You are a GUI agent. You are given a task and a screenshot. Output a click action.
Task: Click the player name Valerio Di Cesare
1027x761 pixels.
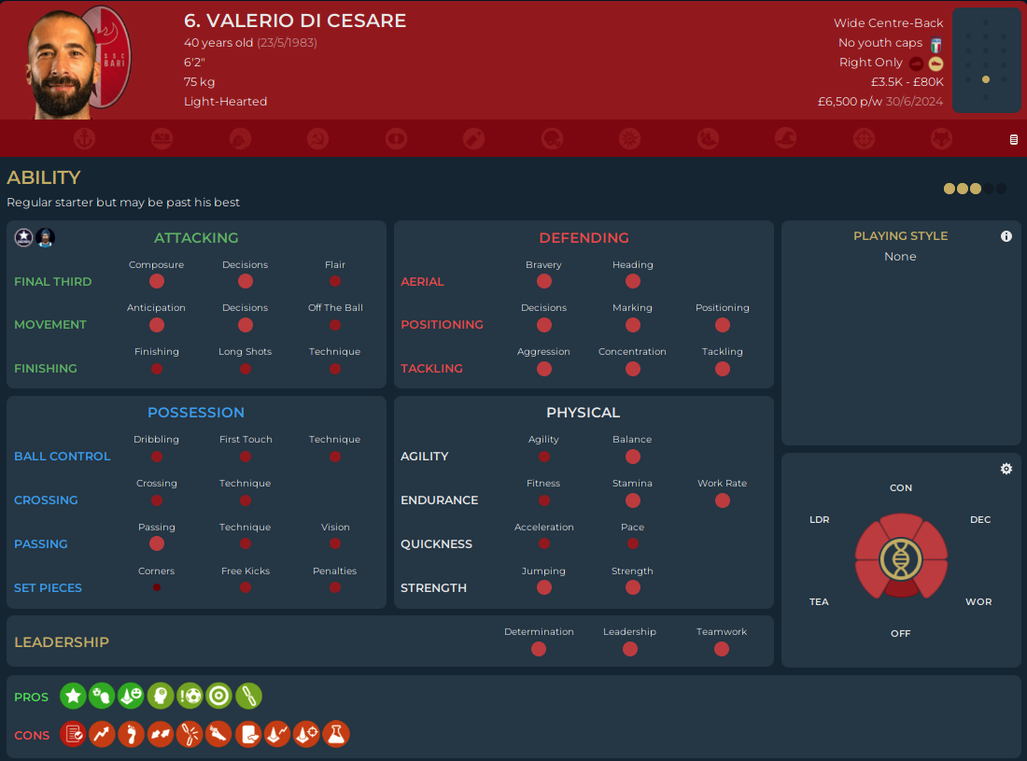[295, 21]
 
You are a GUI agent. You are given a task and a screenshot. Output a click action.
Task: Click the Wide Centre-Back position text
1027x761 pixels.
[889, 23]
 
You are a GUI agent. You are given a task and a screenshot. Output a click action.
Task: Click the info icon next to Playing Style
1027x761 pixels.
[1006, 236]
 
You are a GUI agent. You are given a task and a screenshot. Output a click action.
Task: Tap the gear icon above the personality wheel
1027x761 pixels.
[1006, 469]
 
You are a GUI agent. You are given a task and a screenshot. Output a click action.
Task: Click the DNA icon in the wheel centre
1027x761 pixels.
[901, 558]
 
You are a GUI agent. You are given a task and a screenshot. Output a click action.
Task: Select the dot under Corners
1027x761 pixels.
[157, 587]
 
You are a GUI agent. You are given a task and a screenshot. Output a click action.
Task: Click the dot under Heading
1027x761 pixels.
[633, 281]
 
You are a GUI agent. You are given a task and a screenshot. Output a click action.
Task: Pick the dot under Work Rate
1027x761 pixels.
[723, 500]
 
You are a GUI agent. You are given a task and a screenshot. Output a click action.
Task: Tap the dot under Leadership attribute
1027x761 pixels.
[630, 649]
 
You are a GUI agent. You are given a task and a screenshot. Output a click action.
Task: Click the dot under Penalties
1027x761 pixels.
[335, 587]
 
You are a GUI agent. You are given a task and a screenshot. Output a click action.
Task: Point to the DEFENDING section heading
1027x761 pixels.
[584, 238]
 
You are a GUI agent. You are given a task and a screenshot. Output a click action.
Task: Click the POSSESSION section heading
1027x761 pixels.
[196, 413]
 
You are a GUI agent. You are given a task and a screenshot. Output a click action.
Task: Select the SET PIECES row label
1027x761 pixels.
[48, 588]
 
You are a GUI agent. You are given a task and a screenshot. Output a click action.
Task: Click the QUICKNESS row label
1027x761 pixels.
[436, 544]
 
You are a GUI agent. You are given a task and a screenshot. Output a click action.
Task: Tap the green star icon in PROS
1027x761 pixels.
[73, 696]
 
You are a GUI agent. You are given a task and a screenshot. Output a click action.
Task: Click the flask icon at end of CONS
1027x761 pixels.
[336, 734]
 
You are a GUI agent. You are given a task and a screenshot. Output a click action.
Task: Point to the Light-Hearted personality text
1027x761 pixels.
[225, 102]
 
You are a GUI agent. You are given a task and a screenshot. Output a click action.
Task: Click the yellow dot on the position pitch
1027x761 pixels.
[986, 79]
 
